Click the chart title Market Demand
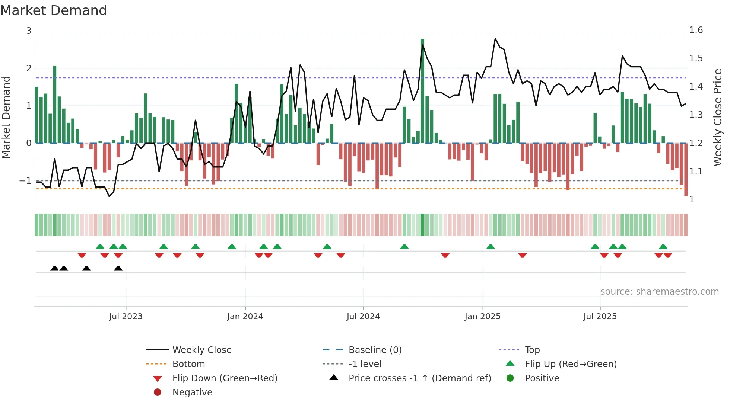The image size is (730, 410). pos(54,10)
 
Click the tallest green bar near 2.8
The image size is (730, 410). pos(422,89)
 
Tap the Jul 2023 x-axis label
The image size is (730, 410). pos(126,317)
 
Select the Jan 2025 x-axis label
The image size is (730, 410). pos(483,317)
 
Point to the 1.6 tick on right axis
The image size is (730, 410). pos(696,30)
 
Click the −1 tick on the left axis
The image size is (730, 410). pos(25,181)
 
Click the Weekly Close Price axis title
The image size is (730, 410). pos(717,117)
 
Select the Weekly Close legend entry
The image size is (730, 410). pos(202,350)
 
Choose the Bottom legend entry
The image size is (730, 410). pos(188,364)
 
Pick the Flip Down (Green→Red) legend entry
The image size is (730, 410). pos(225,378)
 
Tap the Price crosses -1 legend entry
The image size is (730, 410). pos(420,378)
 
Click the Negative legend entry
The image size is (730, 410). pos(192,392)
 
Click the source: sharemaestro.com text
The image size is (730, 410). pos(659,292)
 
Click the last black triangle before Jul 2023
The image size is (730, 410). pos(118,268)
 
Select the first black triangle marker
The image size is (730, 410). pos(54,268)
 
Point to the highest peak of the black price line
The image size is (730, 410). pos(495,39)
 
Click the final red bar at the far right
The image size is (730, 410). pos(686,169)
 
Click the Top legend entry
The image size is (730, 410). pos(532,350)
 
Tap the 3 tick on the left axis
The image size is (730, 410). pos(29,31)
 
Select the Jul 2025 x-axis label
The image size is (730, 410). pos(600,317)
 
